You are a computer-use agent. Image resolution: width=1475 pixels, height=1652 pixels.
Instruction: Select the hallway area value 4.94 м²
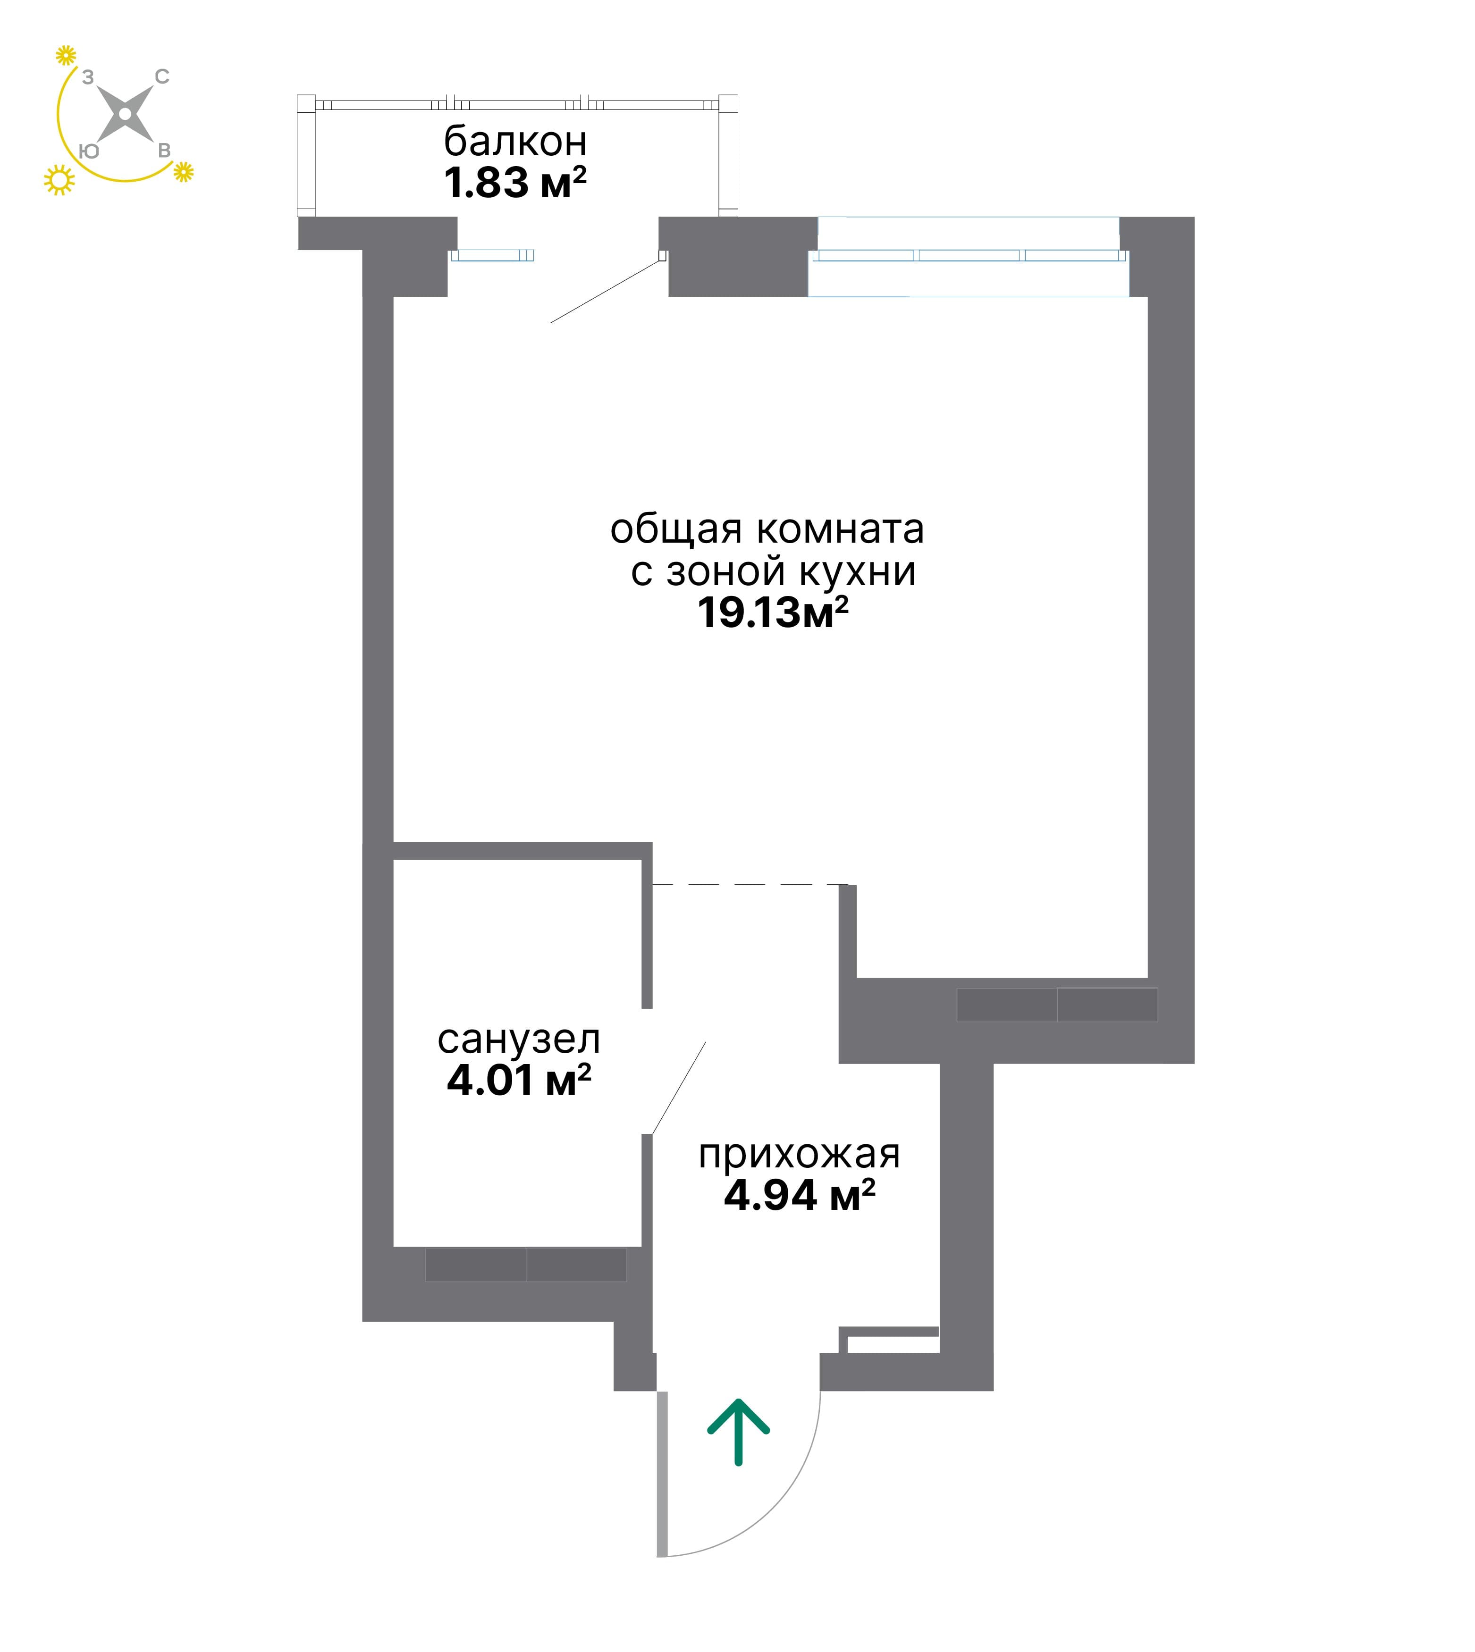click(799, 1195)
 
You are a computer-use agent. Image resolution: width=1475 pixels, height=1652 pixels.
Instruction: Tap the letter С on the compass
click(162, 77)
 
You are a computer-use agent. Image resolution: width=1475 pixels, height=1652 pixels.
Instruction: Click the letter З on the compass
click(87, 77)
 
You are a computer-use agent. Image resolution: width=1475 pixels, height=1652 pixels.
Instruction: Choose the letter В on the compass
click(164, 150)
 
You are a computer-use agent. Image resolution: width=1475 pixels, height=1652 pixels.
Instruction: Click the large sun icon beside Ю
click(59, 180)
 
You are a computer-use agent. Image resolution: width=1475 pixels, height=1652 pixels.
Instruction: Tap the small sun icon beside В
click(184, 171)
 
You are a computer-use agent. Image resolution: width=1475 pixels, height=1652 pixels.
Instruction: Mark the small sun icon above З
click(66, 55)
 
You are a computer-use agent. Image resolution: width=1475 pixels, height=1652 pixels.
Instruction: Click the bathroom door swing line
click(679, 1087)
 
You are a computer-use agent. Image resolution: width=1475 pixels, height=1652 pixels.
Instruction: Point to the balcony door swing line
click(606, 292)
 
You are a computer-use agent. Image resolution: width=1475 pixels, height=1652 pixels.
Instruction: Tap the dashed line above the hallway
click(750, 885)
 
